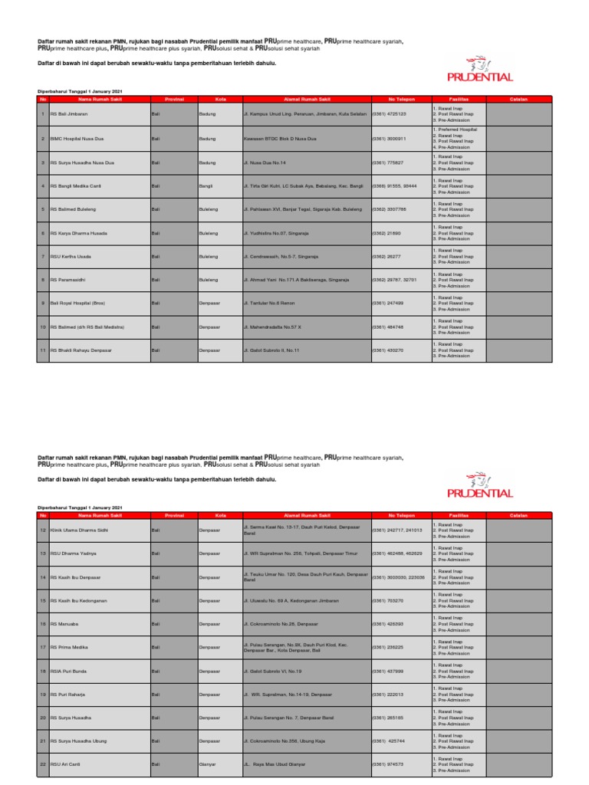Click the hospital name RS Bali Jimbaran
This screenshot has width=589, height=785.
click(68, 114)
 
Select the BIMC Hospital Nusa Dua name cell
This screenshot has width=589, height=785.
click(75, 138)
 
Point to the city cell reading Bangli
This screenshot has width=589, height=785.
click(206, 186)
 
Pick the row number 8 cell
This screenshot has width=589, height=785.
click(43, 280)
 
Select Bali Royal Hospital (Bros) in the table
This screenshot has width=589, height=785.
click(77, 304)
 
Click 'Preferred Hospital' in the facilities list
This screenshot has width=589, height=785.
click(456, 130)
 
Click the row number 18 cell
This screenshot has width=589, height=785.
click(43, 671)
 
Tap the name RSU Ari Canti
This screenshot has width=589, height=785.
click(66, 765)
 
